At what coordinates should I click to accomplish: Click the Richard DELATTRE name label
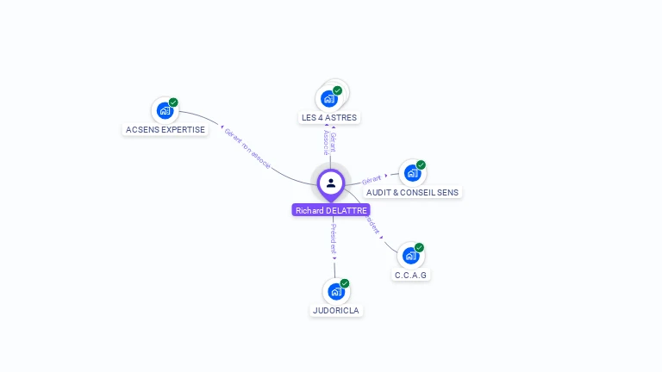[331, 210]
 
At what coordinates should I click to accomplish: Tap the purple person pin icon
[331, 183]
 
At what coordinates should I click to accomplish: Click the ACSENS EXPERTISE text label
[165, 129]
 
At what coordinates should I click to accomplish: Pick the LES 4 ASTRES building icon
[328, 98]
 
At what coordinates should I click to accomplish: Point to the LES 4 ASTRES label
[329, 117]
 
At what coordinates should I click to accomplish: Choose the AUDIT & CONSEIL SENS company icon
[411, 173]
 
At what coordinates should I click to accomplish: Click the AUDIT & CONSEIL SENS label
[412, 192]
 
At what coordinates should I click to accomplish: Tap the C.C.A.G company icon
[410, 256]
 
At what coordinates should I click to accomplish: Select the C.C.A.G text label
[411, 275]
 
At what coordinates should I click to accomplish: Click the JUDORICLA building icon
[335, 291]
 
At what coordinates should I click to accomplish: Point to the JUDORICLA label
[336, 310]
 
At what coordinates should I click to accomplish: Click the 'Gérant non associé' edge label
[247, 147]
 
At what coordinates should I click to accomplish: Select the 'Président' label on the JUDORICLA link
[334, 239]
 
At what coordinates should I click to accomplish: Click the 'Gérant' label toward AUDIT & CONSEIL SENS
[372, 179]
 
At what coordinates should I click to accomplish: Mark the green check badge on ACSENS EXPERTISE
[173, 102]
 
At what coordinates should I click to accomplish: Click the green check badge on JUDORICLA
[345, 283]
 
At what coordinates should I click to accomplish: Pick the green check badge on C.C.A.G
[420, 248]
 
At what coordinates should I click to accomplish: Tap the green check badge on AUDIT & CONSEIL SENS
[421, 165]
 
